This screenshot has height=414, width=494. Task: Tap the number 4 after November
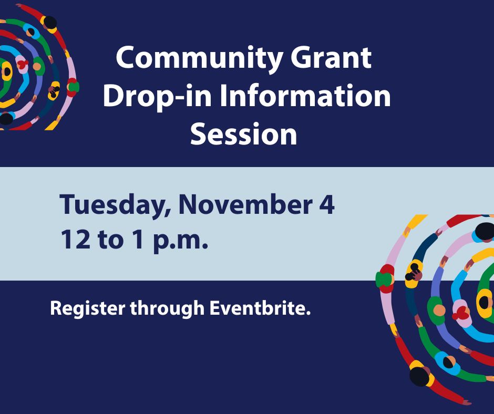(326, 205)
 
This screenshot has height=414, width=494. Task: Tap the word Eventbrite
(260, 308)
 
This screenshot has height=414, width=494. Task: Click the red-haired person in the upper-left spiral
(22, 64)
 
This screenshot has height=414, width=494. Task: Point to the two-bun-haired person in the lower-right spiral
(414, 272)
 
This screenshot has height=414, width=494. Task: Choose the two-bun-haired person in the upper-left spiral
(53, 90)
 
